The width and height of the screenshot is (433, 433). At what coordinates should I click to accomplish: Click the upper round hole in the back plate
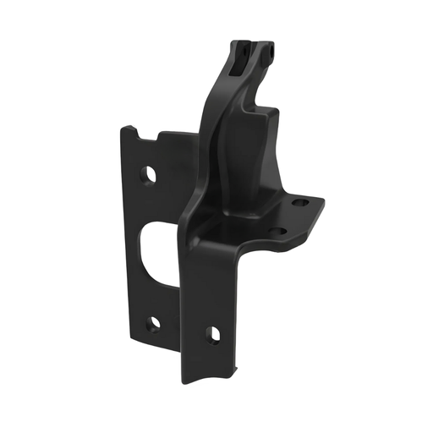tap(150, 174)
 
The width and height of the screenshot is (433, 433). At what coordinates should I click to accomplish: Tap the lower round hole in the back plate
tap(154, 323)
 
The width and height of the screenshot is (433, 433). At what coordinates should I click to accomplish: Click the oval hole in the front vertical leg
tap(214, 334)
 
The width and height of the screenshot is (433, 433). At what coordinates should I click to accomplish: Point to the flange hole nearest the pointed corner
tap(299, 204)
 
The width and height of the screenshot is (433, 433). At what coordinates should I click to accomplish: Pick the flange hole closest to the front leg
tap(275, 231)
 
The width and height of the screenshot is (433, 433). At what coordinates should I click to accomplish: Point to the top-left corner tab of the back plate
tap(127, 130)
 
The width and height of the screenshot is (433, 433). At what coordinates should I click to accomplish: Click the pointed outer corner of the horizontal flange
tap(322, 200)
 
